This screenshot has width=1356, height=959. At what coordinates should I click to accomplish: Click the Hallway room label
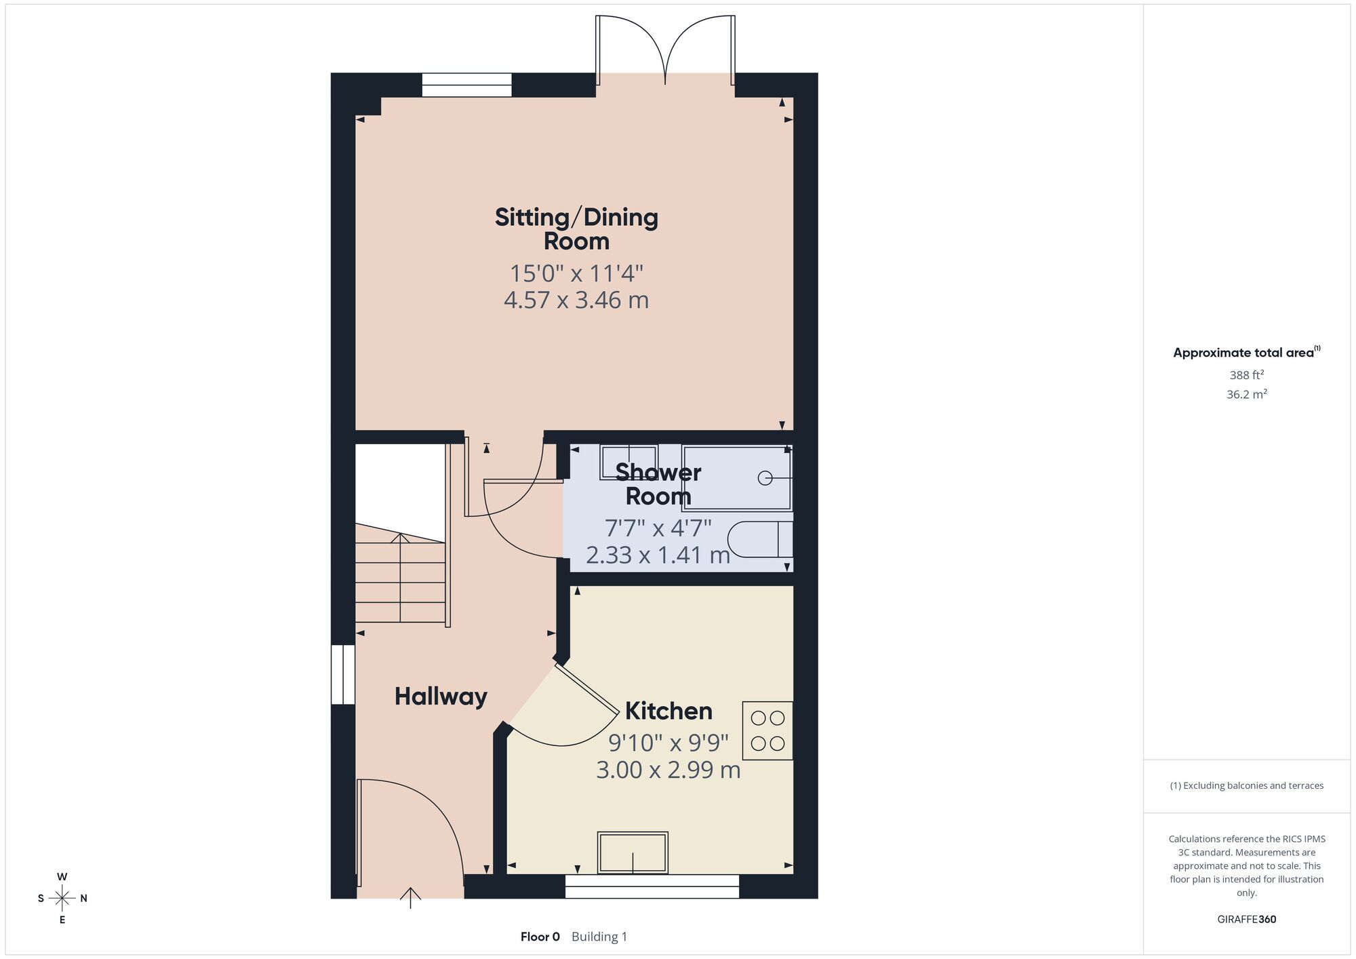click(x=441, y=697)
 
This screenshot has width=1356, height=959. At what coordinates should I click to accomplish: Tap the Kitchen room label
click(x=669, y=711)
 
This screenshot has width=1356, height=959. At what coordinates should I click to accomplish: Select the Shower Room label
click(x=658, y=484)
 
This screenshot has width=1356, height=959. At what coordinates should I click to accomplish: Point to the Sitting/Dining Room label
click(x=576, y=229)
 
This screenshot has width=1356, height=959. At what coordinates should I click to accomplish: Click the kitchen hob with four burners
click(x=767, y=730)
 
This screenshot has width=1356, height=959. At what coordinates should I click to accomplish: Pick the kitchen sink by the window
click(x=633, y=853)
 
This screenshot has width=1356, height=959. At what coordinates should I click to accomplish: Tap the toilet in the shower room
click(x=760, y=539)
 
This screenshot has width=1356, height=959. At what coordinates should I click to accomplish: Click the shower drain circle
click(x=765, y=478)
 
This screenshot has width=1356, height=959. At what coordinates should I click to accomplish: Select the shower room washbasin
click(x=629, y=462)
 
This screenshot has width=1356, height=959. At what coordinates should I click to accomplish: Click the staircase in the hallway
click(x=401, y=573)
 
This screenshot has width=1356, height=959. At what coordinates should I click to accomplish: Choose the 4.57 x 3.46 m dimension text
click(x=576, y=300)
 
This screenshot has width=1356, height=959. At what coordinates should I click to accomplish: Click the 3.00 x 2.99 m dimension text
click(x=669, y=770)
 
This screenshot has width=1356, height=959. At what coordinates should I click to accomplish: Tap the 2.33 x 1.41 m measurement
click(x=658, y=555)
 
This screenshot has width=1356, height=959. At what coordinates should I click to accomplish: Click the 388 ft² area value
click(x=1247, y=374)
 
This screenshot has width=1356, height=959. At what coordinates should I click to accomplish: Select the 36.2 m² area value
click(x=1247, y=394)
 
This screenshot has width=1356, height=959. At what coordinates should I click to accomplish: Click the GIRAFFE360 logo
click(x=1247, y=920)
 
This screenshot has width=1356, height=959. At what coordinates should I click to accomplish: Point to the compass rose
click(x=62, y=899)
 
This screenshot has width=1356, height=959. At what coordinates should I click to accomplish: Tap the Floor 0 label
click(x=540, y=937)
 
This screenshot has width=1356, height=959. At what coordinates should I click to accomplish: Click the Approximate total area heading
click(x=1247, y=352)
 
